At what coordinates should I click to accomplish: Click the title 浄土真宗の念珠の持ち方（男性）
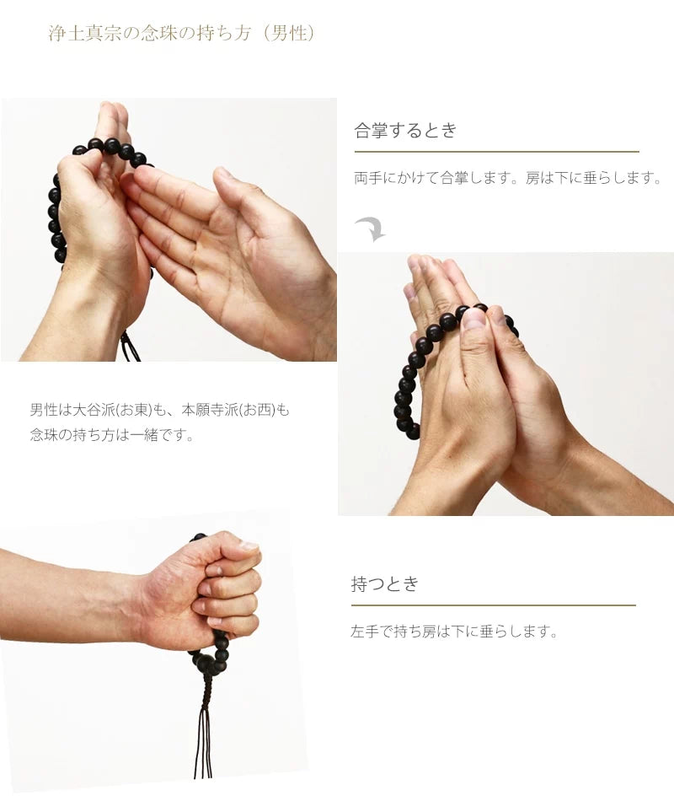[x=182, y=35]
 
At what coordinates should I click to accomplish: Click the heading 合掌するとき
[x=405, y=131]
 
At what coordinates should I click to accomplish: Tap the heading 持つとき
[x=385, y=584]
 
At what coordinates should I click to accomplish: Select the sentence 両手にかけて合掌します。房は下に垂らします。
[x=508, y=179]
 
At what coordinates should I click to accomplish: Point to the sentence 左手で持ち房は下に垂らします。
[x=455, y=632]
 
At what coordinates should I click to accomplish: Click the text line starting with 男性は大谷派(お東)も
[x=159, y=411]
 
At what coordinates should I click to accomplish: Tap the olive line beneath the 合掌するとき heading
[x=496, y=152]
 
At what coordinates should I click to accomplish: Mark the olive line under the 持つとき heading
[x=493, y=605]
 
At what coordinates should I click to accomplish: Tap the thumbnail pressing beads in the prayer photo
[x=473, y=320]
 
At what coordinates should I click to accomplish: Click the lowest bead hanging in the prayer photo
[x=412, y=432]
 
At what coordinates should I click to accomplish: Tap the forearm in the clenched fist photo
[x=67, y=594]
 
